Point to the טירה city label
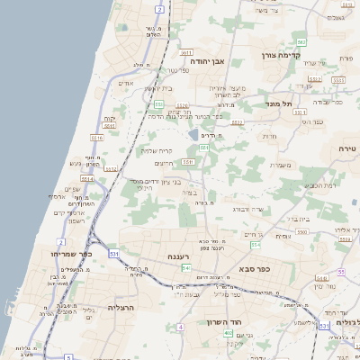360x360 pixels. click(x=347, y=148)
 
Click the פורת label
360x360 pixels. click(x=346, y=58)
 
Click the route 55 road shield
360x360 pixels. click(x=340, y=272)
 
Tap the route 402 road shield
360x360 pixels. click(x=228, y=333)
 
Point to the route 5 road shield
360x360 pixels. click(x=68, y=356)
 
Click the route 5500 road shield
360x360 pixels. click(x=302, y=231)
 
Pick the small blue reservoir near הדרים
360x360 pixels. click(x=193, y=135)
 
